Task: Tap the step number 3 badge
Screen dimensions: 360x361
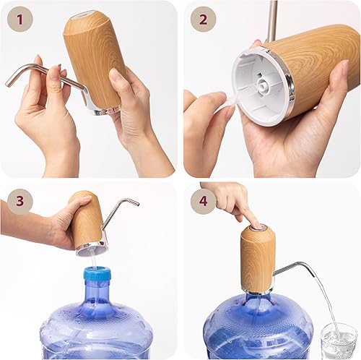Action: pyautogui.click(x=19, y=200)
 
